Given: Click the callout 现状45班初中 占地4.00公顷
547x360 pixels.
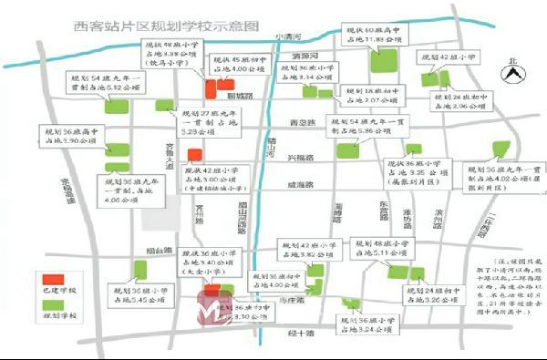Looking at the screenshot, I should pyautogui.click(x=241, y=64).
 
